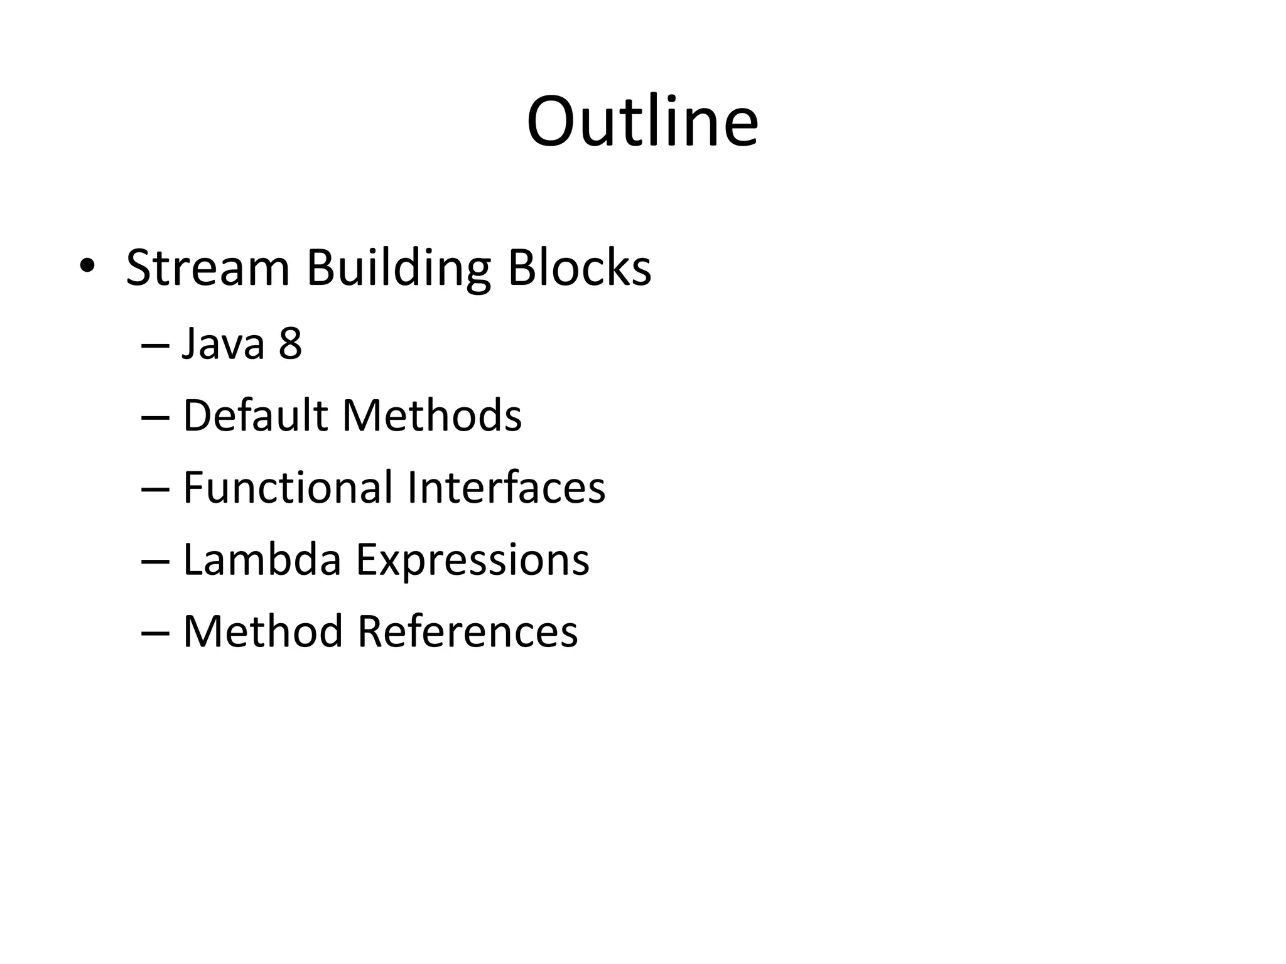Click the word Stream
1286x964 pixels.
click(208, 268)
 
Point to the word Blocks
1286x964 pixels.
click(579, 268)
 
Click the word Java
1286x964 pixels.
click(223, 344)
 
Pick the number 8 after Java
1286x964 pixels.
click(290, 344)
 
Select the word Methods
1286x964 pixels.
click(432, 415)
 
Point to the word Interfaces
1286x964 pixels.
click(506, 488)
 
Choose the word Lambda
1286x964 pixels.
click(262, 559)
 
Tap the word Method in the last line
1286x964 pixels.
click(262, 631)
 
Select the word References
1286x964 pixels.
click(467, 631)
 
